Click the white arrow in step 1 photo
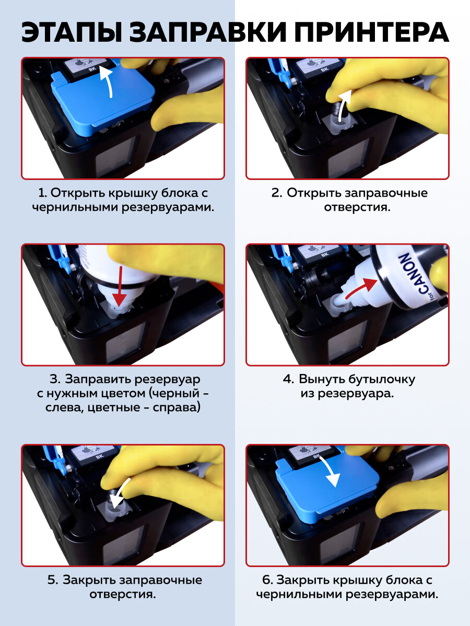tap(107, 82)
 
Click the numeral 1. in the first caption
tap(42, 194)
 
